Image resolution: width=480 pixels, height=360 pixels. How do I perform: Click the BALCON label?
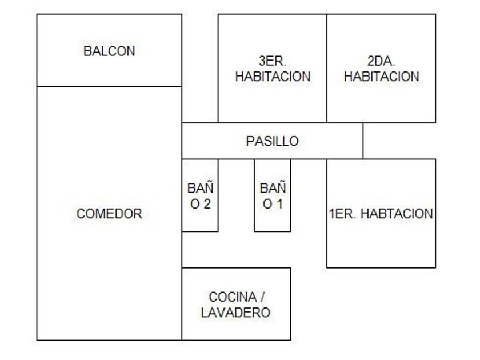point(109,51)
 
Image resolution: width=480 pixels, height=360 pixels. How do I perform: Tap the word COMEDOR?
point(109,214)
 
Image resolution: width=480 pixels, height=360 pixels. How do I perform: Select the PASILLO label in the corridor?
point(272,141)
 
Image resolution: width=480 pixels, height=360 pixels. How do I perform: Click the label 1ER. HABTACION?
point(381,214)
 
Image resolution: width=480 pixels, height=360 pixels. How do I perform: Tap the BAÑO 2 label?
point(200,195)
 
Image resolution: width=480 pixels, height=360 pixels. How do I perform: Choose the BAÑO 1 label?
point(272,195)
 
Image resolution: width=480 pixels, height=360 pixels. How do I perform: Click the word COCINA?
point(231,297)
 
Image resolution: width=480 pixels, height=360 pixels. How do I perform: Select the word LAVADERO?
point(235,313)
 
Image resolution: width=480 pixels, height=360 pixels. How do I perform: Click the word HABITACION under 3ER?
point(273,76)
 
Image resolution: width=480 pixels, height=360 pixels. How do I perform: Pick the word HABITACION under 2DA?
point(381,76)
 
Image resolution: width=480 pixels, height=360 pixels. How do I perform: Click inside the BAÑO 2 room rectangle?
point(200,223)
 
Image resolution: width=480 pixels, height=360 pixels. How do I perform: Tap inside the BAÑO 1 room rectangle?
point(272,223)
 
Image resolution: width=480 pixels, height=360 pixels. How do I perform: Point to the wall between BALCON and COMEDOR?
point(109,87)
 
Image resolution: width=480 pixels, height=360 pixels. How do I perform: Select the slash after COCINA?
point(262,297)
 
